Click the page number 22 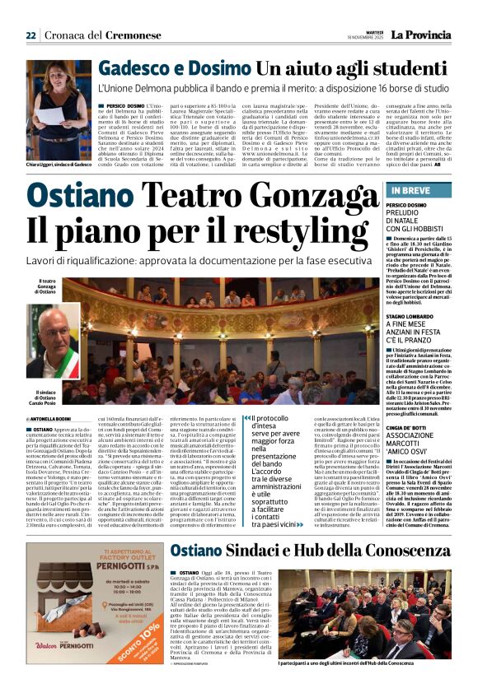pos(31,35)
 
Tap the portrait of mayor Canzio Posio pos(53,343)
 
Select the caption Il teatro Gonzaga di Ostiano pos(47,286)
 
